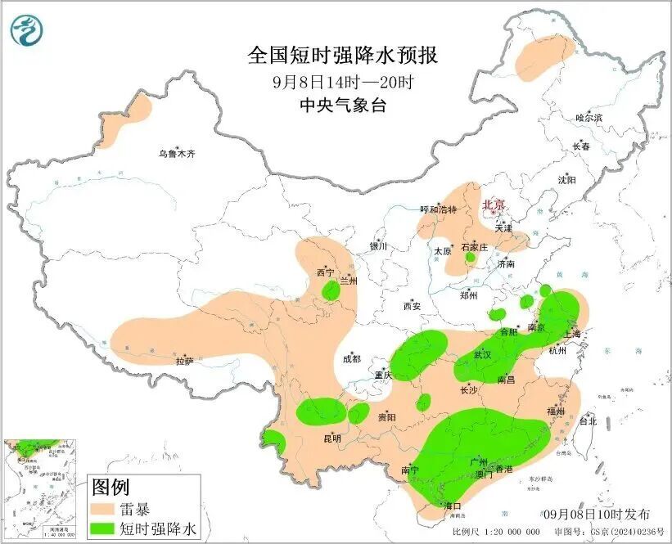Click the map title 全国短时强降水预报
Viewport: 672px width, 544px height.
pos(343,56)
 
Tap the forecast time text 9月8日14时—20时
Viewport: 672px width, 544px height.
pos(343,82)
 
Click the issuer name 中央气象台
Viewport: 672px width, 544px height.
pos(343,106)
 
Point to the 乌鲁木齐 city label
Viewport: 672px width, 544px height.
pos(178,153)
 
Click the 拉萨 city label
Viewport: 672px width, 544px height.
pos(184,360)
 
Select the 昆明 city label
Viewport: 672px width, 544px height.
pos(331,438)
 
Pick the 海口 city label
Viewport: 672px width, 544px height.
pos(452,506)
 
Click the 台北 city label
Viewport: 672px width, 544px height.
pos(588,421)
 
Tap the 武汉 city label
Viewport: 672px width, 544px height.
pos(482,355)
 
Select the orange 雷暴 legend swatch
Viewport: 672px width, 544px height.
pos(106,508)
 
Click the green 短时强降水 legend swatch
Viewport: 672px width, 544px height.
pos(106,529)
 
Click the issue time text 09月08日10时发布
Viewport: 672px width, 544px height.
pos(597,514)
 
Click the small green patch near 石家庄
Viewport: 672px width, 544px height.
pos(471,259)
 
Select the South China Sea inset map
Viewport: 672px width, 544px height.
pos(42,489)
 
